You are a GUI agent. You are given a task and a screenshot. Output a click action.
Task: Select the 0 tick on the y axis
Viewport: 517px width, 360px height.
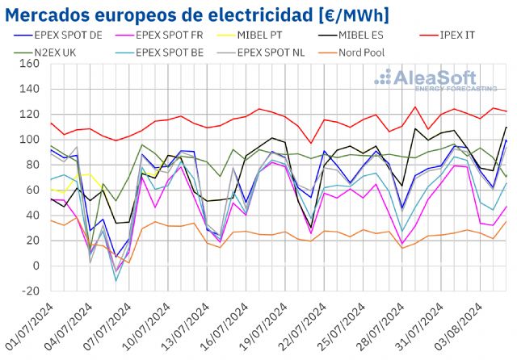[x=37, y=266]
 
